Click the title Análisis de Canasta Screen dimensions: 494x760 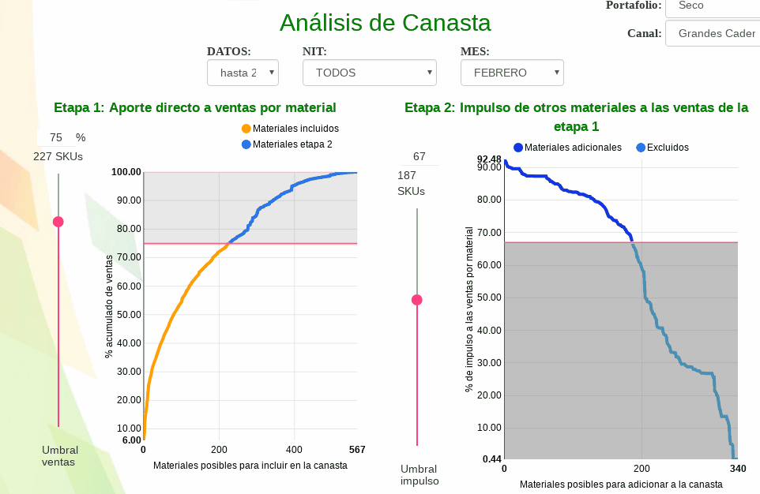(385, 22)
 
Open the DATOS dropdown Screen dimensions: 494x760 (243, 73)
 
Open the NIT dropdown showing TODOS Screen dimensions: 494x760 (369, 73)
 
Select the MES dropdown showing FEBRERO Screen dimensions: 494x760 (512, 73)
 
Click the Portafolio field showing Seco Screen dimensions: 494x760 (711, 6)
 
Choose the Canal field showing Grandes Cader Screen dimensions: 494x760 (712, 34)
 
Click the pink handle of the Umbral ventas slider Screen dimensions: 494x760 (58, 222)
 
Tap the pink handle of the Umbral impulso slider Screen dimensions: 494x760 (417, 300)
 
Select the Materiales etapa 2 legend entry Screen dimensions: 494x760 (287, 144)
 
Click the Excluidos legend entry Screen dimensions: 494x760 (662, 148)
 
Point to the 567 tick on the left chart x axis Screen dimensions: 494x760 (357, 450)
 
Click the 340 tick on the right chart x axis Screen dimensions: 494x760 (737, 469)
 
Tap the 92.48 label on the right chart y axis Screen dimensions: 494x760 (490, 159)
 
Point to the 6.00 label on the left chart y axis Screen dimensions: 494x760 (132, 440)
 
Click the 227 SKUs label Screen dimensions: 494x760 (58, 157)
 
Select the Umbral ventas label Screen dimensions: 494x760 (59, 456)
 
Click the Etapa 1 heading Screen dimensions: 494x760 (194, 107)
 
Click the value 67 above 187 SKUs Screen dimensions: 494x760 (420, 156)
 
